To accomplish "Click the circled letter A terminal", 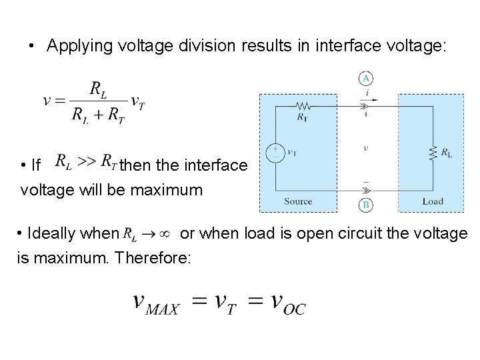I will point(366,79).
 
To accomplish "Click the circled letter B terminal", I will point(365,205).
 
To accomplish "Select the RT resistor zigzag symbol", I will point(305,105).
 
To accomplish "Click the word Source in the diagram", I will point(297,201).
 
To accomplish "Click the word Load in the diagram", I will point(433,201).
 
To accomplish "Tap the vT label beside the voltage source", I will point(291,153).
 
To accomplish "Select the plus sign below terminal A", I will point(365,114).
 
